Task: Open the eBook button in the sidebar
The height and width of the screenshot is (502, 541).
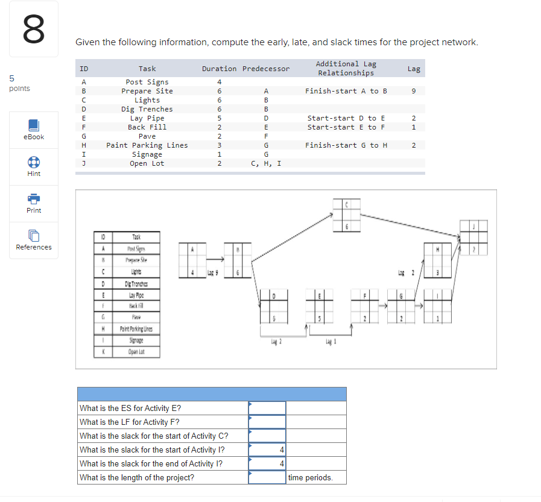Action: click(34, 130)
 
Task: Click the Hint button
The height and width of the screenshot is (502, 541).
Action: click(34, 166)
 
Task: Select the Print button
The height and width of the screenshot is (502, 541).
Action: click(34, 203)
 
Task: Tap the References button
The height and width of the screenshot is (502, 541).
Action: click(34, 240)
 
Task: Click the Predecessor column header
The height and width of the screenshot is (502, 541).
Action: click(265, 69)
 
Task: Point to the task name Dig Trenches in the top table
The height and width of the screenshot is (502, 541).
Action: click(147, 109)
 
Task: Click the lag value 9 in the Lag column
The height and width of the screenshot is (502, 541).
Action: click(414, 91)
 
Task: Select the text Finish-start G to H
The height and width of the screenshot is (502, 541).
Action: click(346, 145)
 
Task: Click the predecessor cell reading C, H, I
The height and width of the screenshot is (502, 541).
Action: click(265, 163)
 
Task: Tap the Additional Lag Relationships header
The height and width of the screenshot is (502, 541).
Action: click(346, 68)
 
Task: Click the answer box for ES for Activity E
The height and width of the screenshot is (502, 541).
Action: click(267, 408)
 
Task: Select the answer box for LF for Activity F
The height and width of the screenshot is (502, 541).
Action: click(267, 422)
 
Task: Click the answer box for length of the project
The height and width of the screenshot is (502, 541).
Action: click(267, 477)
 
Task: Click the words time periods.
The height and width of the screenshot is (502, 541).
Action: click(310, 477)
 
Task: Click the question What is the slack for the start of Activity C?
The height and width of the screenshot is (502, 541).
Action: click(154, 436)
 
